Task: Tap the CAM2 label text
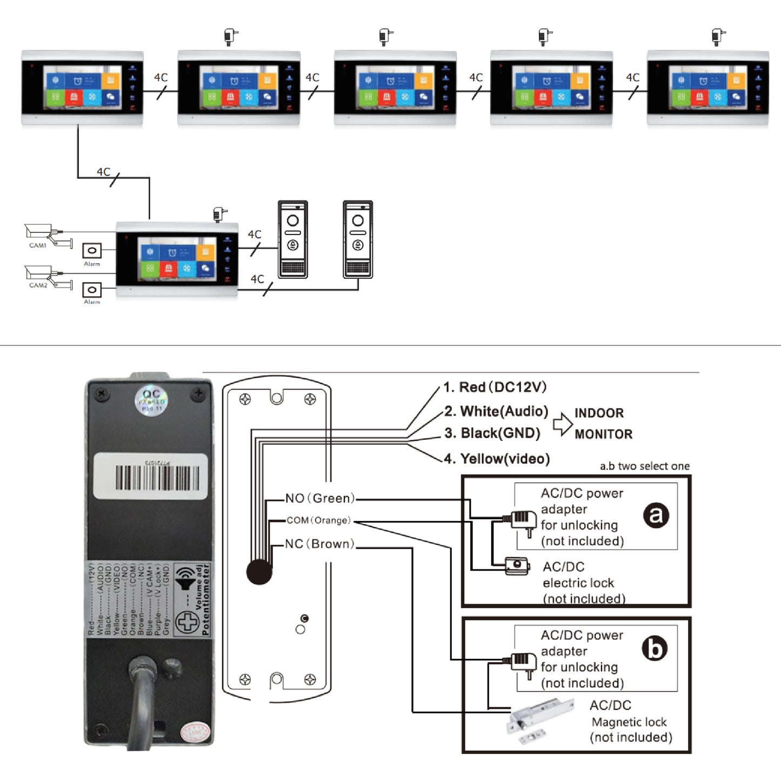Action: [38, 285]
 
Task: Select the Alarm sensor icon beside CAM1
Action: [92, 251]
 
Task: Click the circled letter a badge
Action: [656, 515]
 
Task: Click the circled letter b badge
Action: [655, 649]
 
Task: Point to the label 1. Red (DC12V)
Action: [495, 387]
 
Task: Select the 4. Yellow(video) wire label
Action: [497, 459]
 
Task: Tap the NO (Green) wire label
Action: [320, 498]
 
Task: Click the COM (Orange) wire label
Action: [318, 520]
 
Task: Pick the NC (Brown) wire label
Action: [319, 544]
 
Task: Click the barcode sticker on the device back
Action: [151, 477]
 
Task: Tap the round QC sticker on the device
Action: [151, 401]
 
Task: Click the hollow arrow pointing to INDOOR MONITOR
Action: [562, 424]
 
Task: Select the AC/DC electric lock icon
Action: [517, 566]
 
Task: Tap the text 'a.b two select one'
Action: [644, 466]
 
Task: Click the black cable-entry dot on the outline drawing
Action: [259, 572]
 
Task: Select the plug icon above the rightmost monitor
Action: [718, 37]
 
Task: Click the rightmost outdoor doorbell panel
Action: [358, 239]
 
